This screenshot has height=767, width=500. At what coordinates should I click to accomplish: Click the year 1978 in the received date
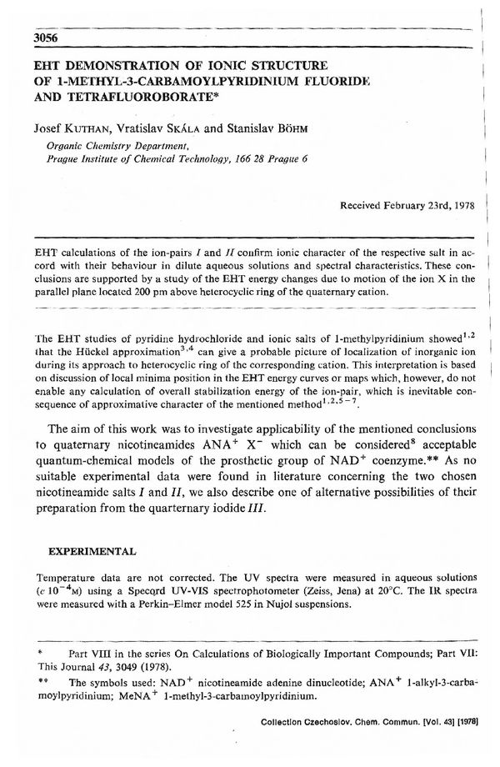coord(457,205)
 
